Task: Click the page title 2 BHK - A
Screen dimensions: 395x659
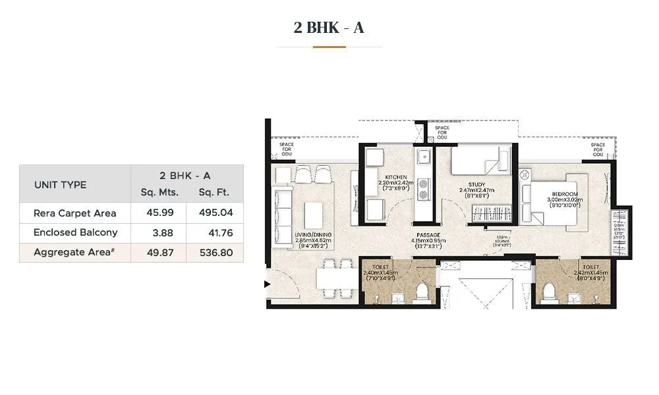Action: (329, 28)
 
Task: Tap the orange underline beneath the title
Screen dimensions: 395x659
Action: (329, 47)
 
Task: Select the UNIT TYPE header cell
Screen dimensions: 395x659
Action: (61, 185)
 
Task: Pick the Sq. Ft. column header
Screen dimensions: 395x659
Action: (214, 192)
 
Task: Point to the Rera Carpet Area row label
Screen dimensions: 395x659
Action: (75, 213)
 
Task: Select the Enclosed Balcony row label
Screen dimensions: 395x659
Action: (76, 232)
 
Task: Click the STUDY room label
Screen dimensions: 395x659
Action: (476, 185)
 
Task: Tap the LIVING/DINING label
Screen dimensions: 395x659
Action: (314, 234)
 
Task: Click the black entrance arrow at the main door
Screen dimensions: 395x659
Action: (267, 284)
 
